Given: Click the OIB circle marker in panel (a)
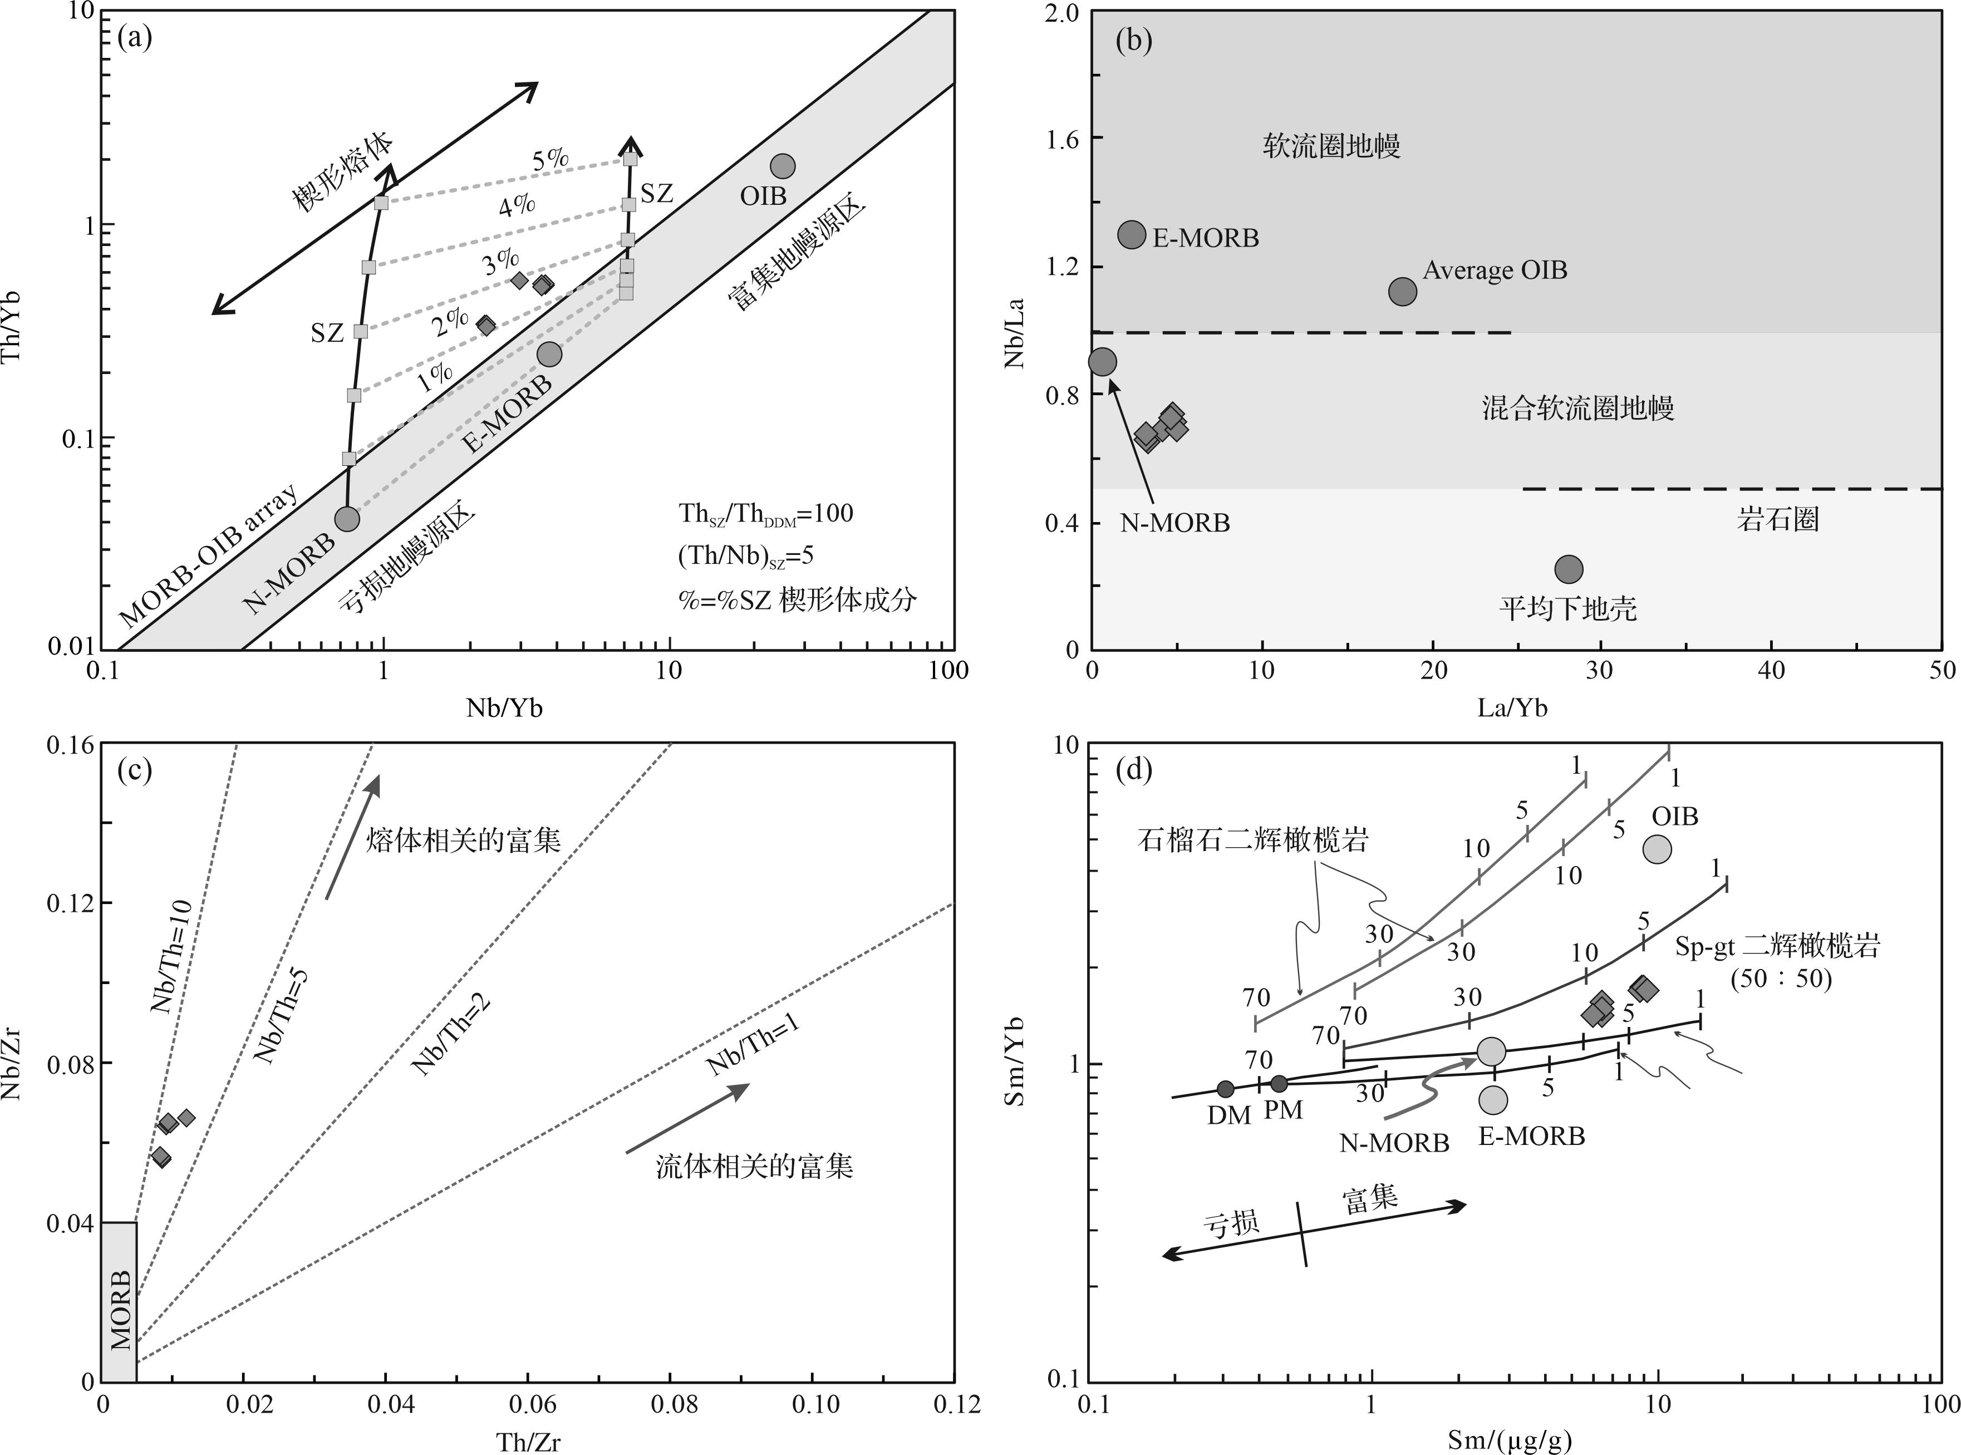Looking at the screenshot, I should [x=782, y=165].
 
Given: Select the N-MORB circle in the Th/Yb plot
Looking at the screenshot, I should [x=348, y=519].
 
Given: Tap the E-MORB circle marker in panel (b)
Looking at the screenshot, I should [x=1132, y=234].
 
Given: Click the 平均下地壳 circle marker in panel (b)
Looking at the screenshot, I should [x=1568, y=569].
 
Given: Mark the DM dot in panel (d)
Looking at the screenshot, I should [x=1225, y=1089].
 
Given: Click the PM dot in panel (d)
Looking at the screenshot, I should [x=1279, y=1083].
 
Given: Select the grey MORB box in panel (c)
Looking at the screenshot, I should [x=119, y=1302].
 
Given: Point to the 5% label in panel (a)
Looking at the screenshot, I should [x=551, y=159].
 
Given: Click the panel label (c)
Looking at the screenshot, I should [x=135, y=771].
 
